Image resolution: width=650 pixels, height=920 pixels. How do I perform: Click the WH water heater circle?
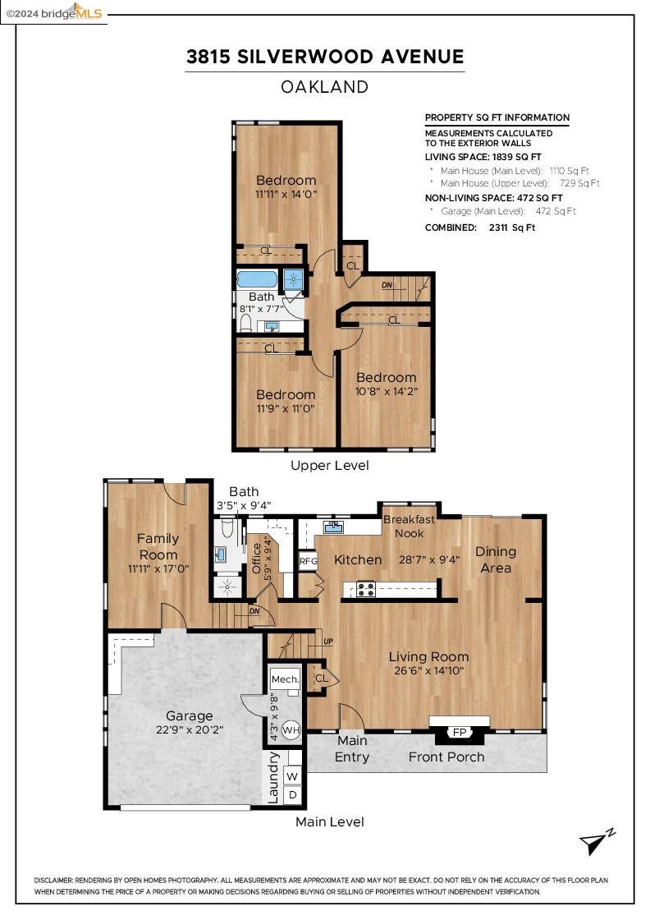291,730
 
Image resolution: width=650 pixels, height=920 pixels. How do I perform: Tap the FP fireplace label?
460,732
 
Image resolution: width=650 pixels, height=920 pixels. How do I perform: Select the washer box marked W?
292,776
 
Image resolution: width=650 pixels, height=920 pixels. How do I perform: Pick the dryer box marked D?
292,795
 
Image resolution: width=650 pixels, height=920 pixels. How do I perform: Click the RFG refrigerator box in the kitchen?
309,561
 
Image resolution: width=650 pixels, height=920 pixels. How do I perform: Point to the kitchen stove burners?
366,589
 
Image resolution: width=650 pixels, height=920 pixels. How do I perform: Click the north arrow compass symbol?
597,842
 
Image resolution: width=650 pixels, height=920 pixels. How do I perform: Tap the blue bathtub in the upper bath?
257,278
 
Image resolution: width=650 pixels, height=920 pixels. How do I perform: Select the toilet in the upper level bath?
245,323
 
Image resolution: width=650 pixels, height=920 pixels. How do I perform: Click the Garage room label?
189,715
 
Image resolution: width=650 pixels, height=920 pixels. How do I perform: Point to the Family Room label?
158,546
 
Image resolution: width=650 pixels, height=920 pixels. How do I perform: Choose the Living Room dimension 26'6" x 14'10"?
428,670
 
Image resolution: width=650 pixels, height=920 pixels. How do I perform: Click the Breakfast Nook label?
409,527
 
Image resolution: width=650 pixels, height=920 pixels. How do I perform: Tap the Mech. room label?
285,679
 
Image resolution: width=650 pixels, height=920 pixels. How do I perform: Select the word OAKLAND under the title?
325,87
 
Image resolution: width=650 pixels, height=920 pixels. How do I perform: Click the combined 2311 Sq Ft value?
511,228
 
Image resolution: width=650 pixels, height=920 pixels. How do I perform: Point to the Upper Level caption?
329,465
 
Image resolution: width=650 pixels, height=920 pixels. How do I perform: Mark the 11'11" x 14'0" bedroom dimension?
286,194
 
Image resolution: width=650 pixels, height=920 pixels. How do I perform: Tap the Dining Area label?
496,559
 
